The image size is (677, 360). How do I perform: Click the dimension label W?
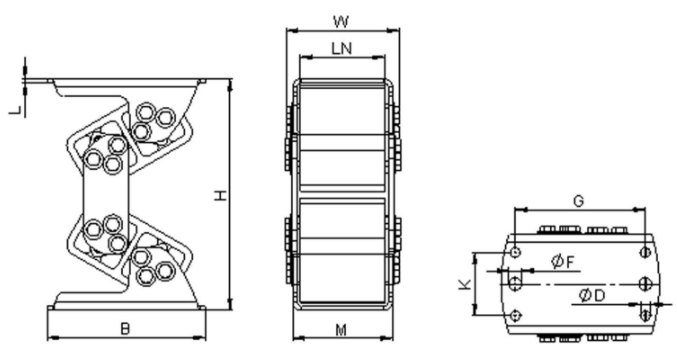tap(341, 21)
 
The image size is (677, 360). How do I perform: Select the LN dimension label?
tap(342, 48)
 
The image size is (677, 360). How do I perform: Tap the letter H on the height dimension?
tap(221, 196)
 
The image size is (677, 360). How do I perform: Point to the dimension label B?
tap(125, 329)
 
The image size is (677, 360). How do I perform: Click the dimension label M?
tap(341, 330)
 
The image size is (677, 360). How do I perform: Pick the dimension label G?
tap(578, 201)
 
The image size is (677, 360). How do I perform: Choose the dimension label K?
tap(465, 284)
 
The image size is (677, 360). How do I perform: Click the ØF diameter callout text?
tap(563, 261)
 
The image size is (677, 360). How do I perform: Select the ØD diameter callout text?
tap(592, 296)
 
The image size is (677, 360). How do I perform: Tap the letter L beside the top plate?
tap(16, 110)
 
